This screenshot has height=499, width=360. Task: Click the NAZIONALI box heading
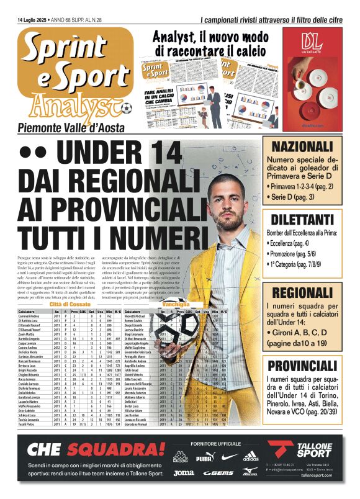pos(302,147)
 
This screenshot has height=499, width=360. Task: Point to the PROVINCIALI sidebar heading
pos(302,366)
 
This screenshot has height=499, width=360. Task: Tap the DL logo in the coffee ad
pos(310,42)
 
